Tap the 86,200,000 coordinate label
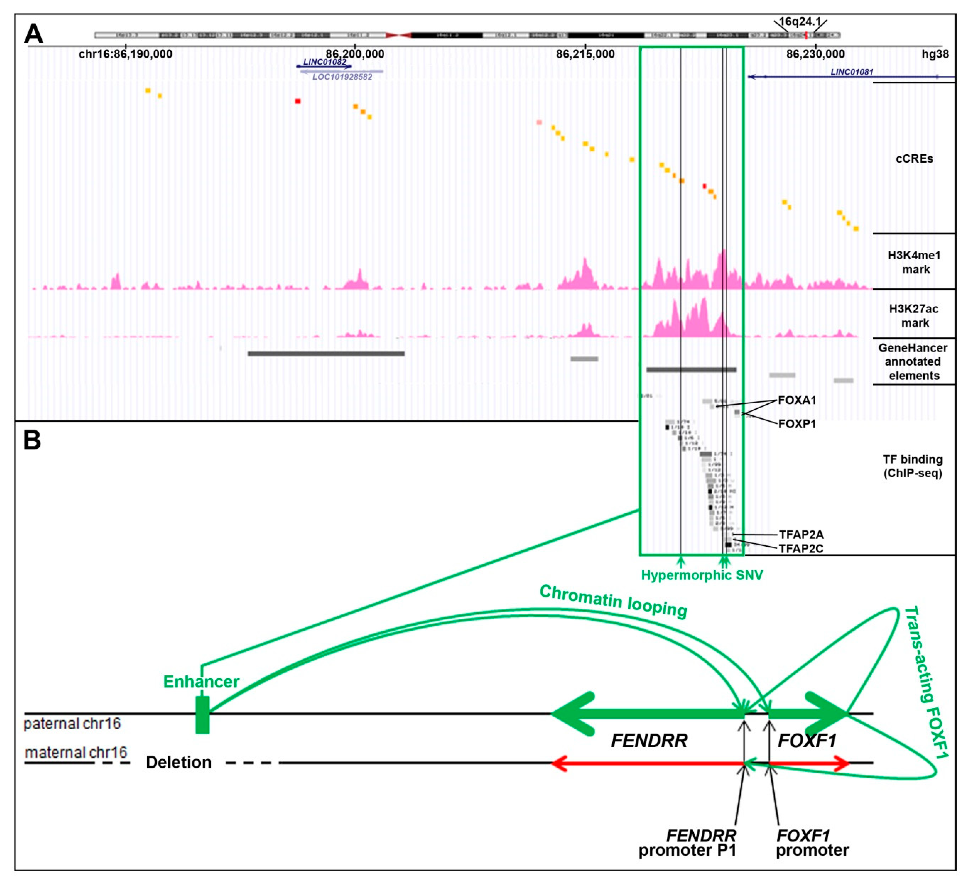pos(355,54)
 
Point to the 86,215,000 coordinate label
pos(585,54)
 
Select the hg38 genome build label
pos(935,54)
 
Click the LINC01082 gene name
pos(324,62)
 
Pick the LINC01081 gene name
pos(852,72)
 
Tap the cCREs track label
pos(914,159)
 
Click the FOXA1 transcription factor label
pos(797,400)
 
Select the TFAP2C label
pos(801,549)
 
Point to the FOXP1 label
pos(797,424)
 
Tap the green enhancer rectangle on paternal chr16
pos(202,714)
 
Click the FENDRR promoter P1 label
pos(687,843)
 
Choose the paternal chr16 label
pos(72,723)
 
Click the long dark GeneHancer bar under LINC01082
pos(326,353)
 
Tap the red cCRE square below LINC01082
pos(298,101)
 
